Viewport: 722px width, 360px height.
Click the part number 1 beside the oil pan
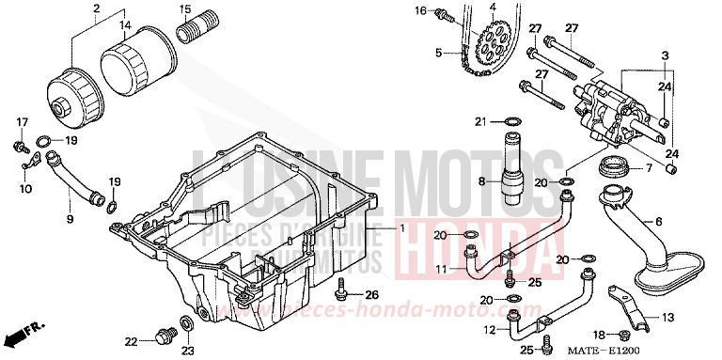[401, 228]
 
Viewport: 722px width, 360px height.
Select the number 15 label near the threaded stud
[185, 10]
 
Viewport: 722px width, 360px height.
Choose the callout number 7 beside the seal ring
[673, 169]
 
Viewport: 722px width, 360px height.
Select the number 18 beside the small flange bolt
[600, 335]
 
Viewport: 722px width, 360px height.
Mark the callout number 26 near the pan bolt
[372, 295]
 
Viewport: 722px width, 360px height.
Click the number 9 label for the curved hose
[69, 219]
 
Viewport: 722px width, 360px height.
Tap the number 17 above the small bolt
[22, 122]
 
